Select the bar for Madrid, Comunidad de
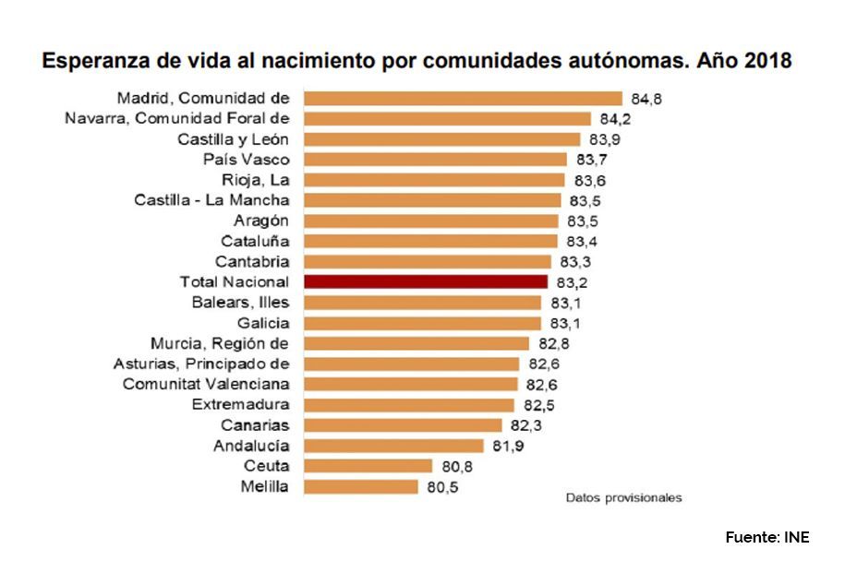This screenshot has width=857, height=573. pos(463,98)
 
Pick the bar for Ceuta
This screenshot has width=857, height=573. pos(368,466)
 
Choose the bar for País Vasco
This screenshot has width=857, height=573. pos(435,160)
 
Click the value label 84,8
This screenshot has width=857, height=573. pos(646,98)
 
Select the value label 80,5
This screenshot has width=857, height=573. pos(442,486)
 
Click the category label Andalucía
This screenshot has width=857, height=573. pos(252,446)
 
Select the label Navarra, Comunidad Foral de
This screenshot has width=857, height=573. pos(177,118)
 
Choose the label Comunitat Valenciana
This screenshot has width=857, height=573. pos(206,384)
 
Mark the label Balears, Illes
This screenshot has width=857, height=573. pos(241,303)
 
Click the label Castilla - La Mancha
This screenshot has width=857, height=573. pos(211,200)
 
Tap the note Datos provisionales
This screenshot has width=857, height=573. pos(623,498)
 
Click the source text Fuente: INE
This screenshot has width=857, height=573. pos(766,537)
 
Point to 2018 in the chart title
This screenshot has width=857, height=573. pos(765,62)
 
